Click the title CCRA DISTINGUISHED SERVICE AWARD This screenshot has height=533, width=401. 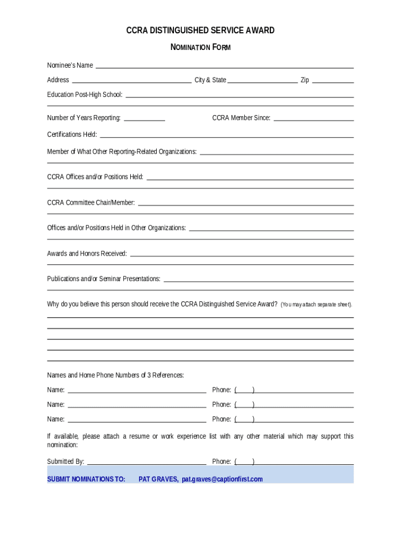pos(200,31)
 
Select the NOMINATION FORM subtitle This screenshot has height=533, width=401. pos(200,47)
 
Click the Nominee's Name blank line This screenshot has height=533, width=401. pos(224,67)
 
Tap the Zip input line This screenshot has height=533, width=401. pos(333,82)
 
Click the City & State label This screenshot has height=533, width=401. pos(210,80)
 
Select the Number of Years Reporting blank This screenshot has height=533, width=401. pos(144,120)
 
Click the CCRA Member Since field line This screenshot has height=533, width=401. pos(314,120)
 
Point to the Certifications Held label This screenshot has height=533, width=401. pos(72,135)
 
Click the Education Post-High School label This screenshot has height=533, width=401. pos(85,95)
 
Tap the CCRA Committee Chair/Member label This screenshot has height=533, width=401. pos(91,202)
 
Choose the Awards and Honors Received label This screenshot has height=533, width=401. pos(87,253)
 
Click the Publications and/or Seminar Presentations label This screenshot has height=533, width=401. pos(104,279)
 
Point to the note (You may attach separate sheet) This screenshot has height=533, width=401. pos(317,304)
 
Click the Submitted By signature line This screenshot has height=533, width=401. pos(146,463)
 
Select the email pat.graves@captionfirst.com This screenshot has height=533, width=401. pos(222,479)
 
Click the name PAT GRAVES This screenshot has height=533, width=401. pos(158,479)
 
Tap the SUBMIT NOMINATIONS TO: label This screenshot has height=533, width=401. pos(86,479)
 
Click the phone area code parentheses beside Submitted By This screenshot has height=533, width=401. pos(244,462)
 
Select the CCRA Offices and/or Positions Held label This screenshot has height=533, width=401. pos(95,177)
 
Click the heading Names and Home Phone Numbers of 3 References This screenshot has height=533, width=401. pos(115,375)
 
